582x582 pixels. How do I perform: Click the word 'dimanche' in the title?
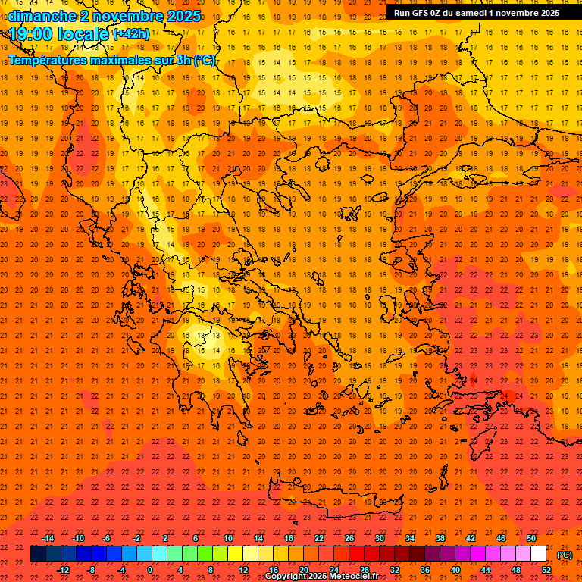point(42,16)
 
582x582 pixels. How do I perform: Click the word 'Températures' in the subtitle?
point(51,59)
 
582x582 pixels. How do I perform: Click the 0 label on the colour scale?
point(150,570)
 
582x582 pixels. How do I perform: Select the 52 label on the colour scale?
point(546,570)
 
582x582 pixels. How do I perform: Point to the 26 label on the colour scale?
point(349,538)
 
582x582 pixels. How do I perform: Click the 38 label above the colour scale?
point(440,538)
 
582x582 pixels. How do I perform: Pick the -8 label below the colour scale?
point(92,570)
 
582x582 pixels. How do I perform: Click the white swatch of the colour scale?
point(538,554)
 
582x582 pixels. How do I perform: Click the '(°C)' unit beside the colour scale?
point(565,555)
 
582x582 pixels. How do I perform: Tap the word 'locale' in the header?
point(82,34)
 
